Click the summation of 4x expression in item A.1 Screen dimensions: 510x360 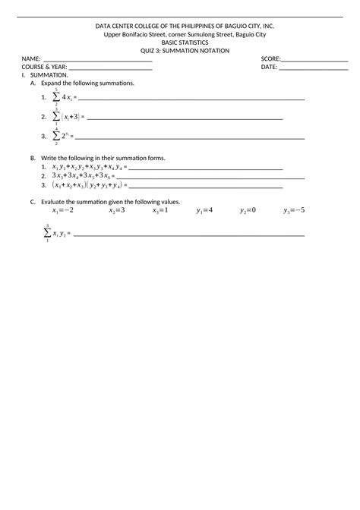coord(62,98)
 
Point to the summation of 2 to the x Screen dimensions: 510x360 coord(62,137)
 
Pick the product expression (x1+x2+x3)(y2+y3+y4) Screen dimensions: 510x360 coord(87,184)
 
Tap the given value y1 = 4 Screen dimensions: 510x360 coord(204,210)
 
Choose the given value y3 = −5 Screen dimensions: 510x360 coord(294,210)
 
